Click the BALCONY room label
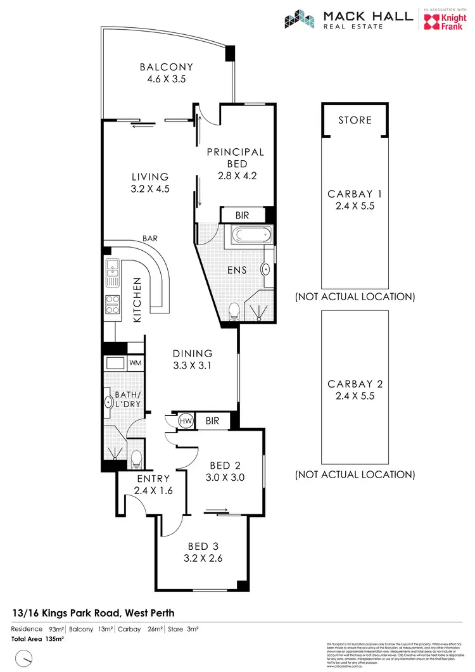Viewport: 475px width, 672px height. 167,67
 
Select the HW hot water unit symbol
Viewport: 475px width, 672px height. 186,420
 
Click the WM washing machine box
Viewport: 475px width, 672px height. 135,363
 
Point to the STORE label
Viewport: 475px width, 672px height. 355,120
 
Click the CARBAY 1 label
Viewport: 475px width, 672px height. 355,194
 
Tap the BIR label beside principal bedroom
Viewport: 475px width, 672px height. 242,215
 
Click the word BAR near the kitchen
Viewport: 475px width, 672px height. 151,239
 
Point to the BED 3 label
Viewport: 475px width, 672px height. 203,547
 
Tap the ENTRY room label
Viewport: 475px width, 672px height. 153,478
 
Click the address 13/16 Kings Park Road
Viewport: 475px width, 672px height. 93,612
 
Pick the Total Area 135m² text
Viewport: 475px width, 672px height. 38,639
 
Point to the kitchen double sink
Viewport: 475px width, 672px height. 112,270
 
